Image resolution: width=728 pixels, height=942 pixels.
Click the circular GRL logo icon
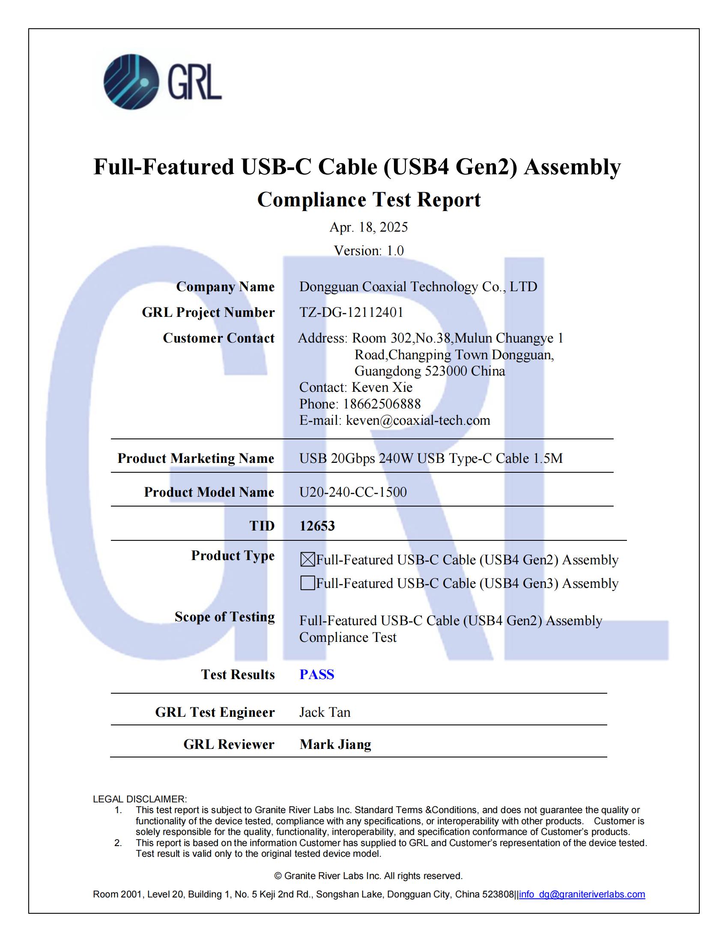point(131,81)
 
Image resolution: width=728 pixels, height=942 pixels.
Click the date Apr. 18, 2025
point(368,227)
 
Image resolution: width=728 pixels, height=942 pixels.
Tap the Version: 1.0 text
point(368,250)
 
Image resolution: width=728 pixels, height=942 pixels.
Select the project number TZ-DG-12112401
point(351,312)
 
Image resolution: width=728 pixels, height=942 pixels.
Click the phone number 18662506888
point(381,404)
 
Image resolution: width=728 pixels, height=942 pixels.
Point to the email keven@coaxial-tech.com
point(418,420)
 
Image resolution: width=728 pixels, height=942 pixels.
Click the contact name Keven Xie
point(382,387)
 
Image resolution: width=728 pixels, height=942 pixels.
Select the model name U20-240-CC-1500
point(353,492)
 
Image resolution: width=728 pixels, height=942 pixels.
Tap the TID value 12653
point(317,526)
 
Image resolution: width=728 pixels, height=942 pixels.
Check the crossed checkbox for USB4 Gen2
point(307,560)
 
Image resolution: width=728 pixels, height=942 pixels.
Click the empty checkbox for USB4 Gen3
point(307,583)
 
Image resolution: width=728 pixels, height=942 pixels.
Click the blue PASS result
point(317,674)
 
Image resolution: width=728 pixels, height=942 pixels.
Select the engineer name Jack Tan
point(325,712)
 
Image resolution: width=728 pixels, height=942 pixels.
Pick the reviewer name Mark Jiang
point(335,744)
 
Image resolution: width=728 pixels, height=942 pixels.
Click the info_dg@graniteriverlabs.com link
point(582,894)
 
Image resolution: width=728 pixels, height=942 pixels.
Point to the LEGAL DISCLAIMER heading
point(140,799)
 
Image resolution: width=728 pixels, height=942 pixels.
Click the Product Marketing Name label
point(196,458)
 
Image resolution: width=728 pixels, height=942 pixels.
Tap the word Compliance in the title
point(311,200)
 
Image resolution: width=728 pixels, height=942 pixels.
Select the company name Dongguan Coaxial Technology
point(418,287)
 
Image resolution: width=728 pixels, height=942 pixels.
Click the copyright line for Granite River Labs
point(368,876)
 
